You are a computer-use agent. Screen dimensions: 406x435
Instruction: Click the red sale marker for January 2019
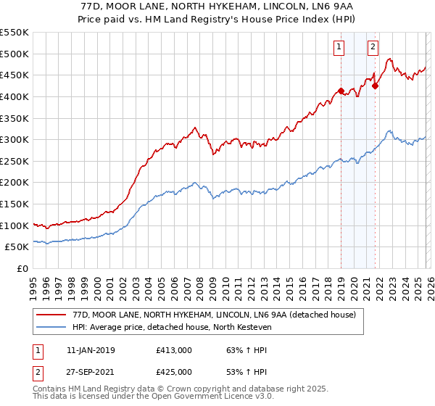click(x=341, y=91)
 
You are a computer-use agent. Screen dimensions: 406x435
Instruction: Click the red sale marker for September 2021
click(x=376, y=86)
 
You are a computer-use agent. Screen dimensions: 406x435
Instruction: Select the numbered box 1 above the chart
click(x=339, y=48)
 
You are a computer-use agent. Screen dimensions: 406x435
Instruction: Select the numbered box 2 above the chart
click(x=373, y=48)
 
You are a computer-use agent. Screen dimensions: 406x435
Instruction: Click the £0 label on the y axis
click(x=23, y=268)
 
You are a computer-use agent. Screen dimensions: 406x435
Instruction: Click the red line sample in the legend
click(x=51, y=315)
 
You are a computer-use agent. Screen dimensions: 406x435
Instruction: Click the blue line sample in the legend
click(x=51, y=328)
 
